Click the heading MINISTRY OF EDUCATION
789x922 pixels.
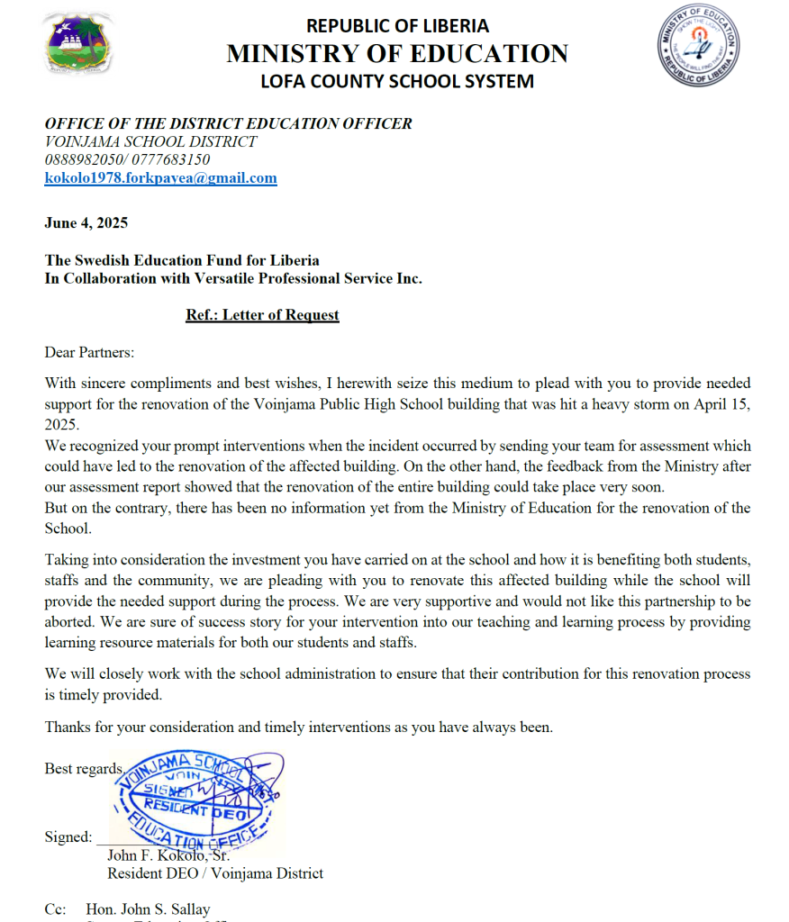click(397, 53)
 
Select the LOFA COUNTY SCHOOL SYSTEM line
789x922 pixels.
click(397, 81)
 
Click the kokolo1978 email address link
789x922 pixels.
click(161, 178)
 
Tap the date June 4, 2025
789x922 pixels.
click(86, 223)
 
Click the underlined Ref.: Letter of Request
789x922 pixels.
click(262, 315)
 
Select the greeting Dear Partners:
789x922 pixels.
click(89, 352)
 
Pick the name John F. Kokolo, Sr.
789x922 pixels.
click(168, 855)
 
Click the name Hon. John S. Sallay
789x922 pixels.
click(148, 909)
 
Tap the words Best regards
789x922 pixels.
click(83, 768)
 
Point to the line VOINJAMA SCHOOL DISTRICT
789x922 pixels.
click(150, 142)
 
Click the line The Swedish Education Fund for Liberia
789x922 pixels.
click(182, 261)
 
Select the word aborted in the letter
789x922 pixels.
click(71, 622)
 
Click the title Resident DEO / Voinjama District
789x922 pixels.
click(215, 873)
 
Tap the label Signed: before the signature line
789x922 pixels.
click(68, 837)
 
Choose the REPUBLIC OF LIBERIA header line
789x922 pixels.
click(397, 26)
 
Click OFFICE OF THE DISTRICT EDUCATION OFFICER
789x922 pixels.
click(229, 124)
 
